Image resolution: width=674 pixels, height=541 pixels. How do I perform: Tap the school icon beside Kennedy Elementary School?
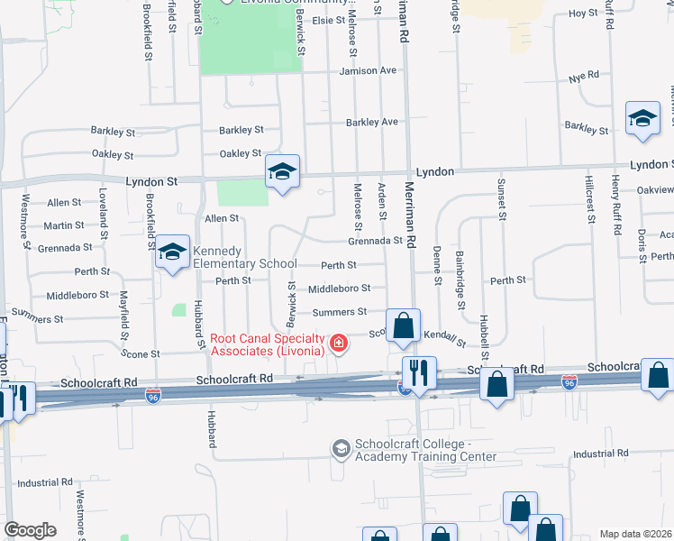click(170, 253)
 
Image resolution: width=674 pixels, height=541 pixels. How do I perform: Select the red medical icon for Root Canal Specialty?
click(339, 344)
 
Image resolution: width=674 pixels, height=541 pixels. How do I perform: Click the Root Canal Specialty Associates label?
click(268, 344)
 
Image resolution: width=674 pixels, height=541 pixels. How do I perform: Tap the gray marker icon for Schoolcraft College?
click(341, 448)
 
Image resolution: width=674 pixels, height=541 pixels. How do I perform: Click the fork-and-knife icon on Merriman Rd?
click(419, 371)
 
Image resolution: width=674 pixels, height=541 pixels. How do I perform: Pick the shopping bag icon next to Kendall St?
click(404, 325)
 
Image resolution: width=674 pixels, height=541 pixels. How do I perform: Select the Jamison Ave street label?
click(368, 70)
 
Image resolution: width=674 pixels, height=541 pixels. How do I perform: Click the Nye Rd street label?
click(584, 76)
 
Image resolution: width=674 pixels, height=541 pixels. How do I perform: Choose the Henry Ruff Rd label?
click(615, 206)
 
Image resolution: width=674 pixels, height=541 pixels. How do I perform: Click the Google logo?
click(30, 530)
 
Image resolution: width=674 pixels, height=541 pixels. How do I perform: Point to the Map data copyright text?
click(635, 534)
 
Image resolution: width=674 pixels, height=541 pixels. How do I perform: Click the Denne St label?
click(437, 266)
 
